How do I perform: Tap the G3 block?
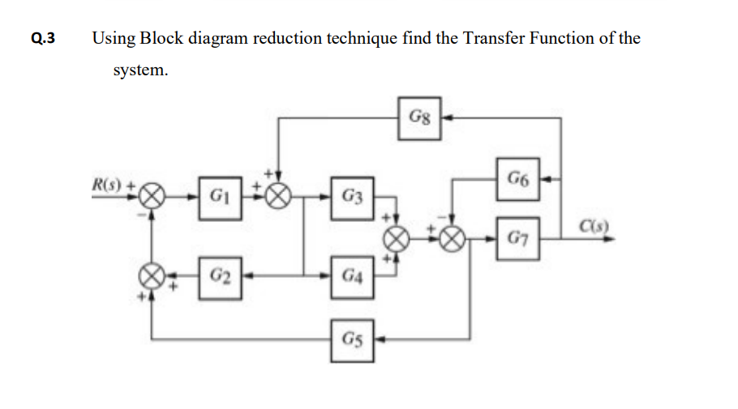pos(353,195)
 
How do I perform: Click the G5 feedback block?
pos(353,339)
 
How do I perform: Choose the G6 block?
pos(519,177)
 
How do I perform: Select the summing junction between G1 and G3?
pos(280,195)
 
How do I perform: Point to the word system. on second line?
pos(141,70)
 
